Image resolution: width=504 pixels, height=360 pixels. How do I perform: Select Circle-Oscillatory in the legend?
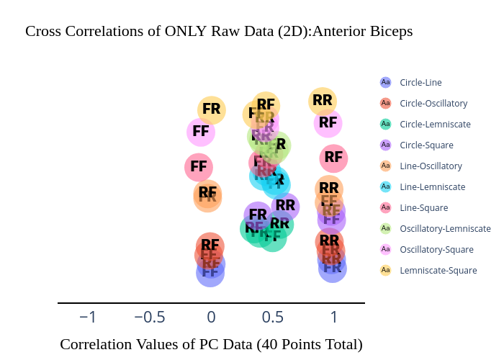pyautogui.click(x=433, y=103)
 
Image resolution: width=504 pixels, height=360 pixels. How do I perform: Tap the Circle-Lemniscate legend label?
pyautogui.click(x=435, y=124)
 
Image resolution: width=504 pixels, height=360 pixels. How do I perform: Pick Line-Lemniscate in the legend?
pyautogui.click(x=432, y=186)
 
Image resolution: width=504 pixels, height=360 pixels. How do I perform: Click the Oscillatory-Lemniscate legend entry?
pyautogui.click(x=445, y=228)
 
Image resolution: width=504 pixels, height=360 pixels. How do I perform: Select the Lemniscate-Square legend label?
pyautogui.click(x=438, y=270)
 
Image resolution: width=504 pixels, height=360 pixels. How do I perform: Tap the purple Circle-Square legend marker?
pyautogui.click(x=385, y=145)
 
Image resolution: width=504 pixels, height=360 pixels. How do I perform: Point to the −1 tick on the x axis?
pyautogui.click(x=87, y=318)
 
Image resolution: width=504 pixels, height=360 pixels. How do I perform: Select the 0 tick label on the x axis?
pyautogui.click(x=211, y=318)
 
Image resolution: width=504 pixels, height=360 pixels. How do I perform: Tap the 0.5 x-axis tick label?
pyautogui.click(x=272, y=318)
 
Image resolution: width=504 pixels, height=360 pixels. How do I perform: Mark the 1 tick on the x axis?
pyautogui.click(x=333, y=318)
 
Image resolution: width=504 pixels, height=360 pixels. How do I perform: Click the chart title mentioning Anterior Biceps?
pyautogui.click(x=219, y=32)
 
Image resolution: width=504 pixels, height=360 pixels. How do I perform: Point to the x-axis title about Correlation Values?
pyautogui.click(x=211, y=344)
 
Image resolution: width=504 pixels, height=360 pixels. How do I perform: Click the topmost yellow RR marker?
pyautogui.click(x=323, y=101)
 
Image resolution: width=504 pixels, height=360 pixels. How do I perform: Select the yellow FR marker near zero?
pyautogui.click(x=211, y=109)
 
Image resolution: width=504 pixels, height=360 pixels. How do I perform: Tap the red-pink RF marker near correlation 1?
pyautogui.click(x=333, y=157)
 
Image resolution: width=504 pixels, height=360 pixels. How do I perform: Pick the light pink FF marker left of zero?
pyautogui.click(x=200, y=132)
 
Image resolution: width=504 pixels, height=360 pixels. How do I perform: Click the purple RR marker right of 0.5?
pyautogui.click(x=285, y=205)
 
